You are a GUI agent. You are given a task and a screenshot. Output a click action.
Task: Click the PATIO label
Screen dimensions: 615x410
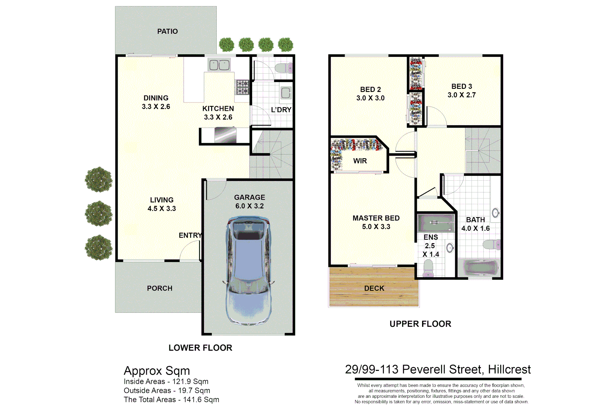tap(167, 31)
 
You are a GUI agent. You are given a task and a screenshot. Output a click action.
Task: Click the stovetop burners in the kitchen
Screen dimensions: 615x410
tap(243, 87)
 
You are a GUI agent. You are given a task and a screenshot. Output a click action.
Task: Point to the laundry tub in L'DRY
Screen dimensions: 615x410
tap(285, 93)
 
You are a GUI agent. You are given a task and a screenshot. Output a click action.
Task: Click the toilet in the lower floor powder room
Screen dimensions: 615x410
tap(284, 68)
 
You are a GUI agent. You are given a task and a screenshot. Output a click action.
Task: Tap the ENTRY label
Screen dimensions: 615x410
tap(190, 235)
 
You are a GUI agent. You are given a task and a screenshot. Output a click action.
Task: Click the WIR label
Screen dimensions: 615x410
tap(360, 161)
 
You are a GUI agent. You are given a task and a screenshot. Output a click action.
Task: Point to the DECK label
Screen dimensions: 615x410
tap(374, 289)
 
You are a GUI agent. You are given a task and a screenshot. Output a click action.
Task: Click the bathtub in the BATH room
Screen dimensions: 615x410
tap(481, 268)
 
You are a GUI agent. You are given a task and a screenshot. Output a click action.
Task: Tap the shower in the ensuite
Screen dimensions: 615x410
tap(435, 223)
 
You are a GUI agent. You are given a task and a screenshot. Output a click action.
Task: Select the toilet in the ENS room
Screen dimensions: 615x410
tap(428, 268)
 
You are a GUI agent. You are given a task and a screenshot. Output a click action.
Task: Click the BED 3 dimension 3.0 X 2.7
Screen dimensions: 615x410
tap(462, 95)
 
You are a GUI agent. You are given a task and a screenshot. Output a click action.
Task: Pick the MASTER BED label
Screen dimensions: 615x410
tap(376, 218)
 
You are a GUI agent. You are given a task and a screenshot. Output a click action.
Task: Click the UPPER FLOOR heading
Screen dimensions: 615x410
tap(420, 324)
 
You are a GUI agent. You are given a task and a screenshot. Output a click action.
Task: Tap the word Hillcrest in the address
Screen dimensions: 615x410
tap(509, 370)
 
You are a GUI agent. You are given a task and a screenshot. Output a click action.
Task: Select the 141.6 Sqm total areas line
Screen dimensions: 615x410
tap(171, 400)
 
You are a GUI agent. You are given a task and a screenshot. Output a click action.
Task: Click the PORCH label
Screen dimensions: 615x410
tap(159, 289)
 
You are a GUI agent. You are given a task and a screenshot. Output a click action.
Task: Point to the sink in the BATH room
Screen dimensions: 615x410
tap(495, 213)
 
